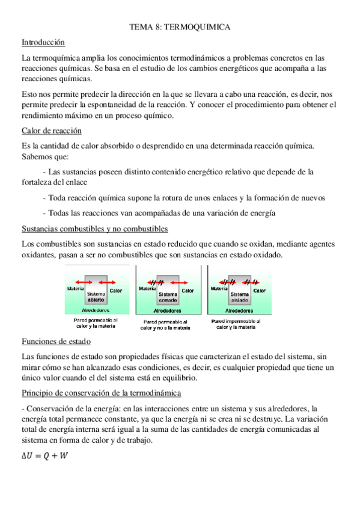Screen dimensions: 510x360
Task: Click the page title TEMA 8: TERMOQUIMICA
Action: [180, 27]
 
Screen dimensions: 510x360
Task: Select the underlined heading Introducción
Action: [43, 43]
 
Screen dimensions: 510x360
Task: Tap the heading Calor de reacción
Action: [51, 131]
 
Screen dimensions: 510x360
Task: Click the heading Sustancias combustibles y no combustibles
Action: [94, 229]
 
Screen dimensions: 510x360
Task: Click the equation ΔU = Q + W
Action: [44, 456]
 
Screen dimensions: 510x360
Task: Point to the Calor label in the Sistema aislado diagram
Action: [260, 290]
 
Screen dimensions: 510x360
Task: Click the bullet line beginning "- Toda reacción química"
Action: [184, 197]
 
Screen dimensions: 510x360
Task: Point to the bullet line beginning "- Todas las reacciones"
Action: [159, 212]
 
